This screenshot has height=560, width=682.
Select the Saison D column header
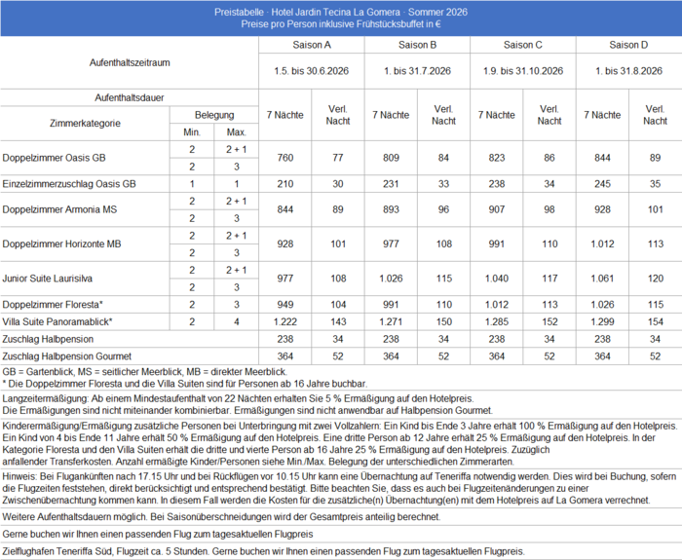pyautogui.click(x=629, y=45)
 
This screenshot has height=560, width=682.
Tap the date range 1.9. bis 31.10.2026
pyautogui.click(x=524, y=71)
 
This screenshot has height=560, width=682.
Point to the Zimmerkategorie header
pyautogui.click(x=85, y=124)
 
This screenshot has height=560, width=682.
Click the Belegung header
pyautogui.click(x=214, y=115)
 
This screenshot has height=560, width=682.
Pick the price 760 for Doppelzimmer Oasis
pyautogui.click(x=284, y=157)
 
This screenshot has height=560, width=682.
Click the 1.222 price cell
pyautogui.click(x=284, y=320)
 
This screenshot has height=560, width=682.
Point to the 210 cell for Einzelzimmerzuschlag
pyautogui.click(x=284, y=184)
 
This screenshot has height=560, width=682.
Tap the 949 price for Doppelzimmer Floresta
pyautogui.click(x=284, y=304)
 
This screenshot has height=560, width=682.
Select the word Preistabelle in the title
pyautogui.click(x=240, y=7)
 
